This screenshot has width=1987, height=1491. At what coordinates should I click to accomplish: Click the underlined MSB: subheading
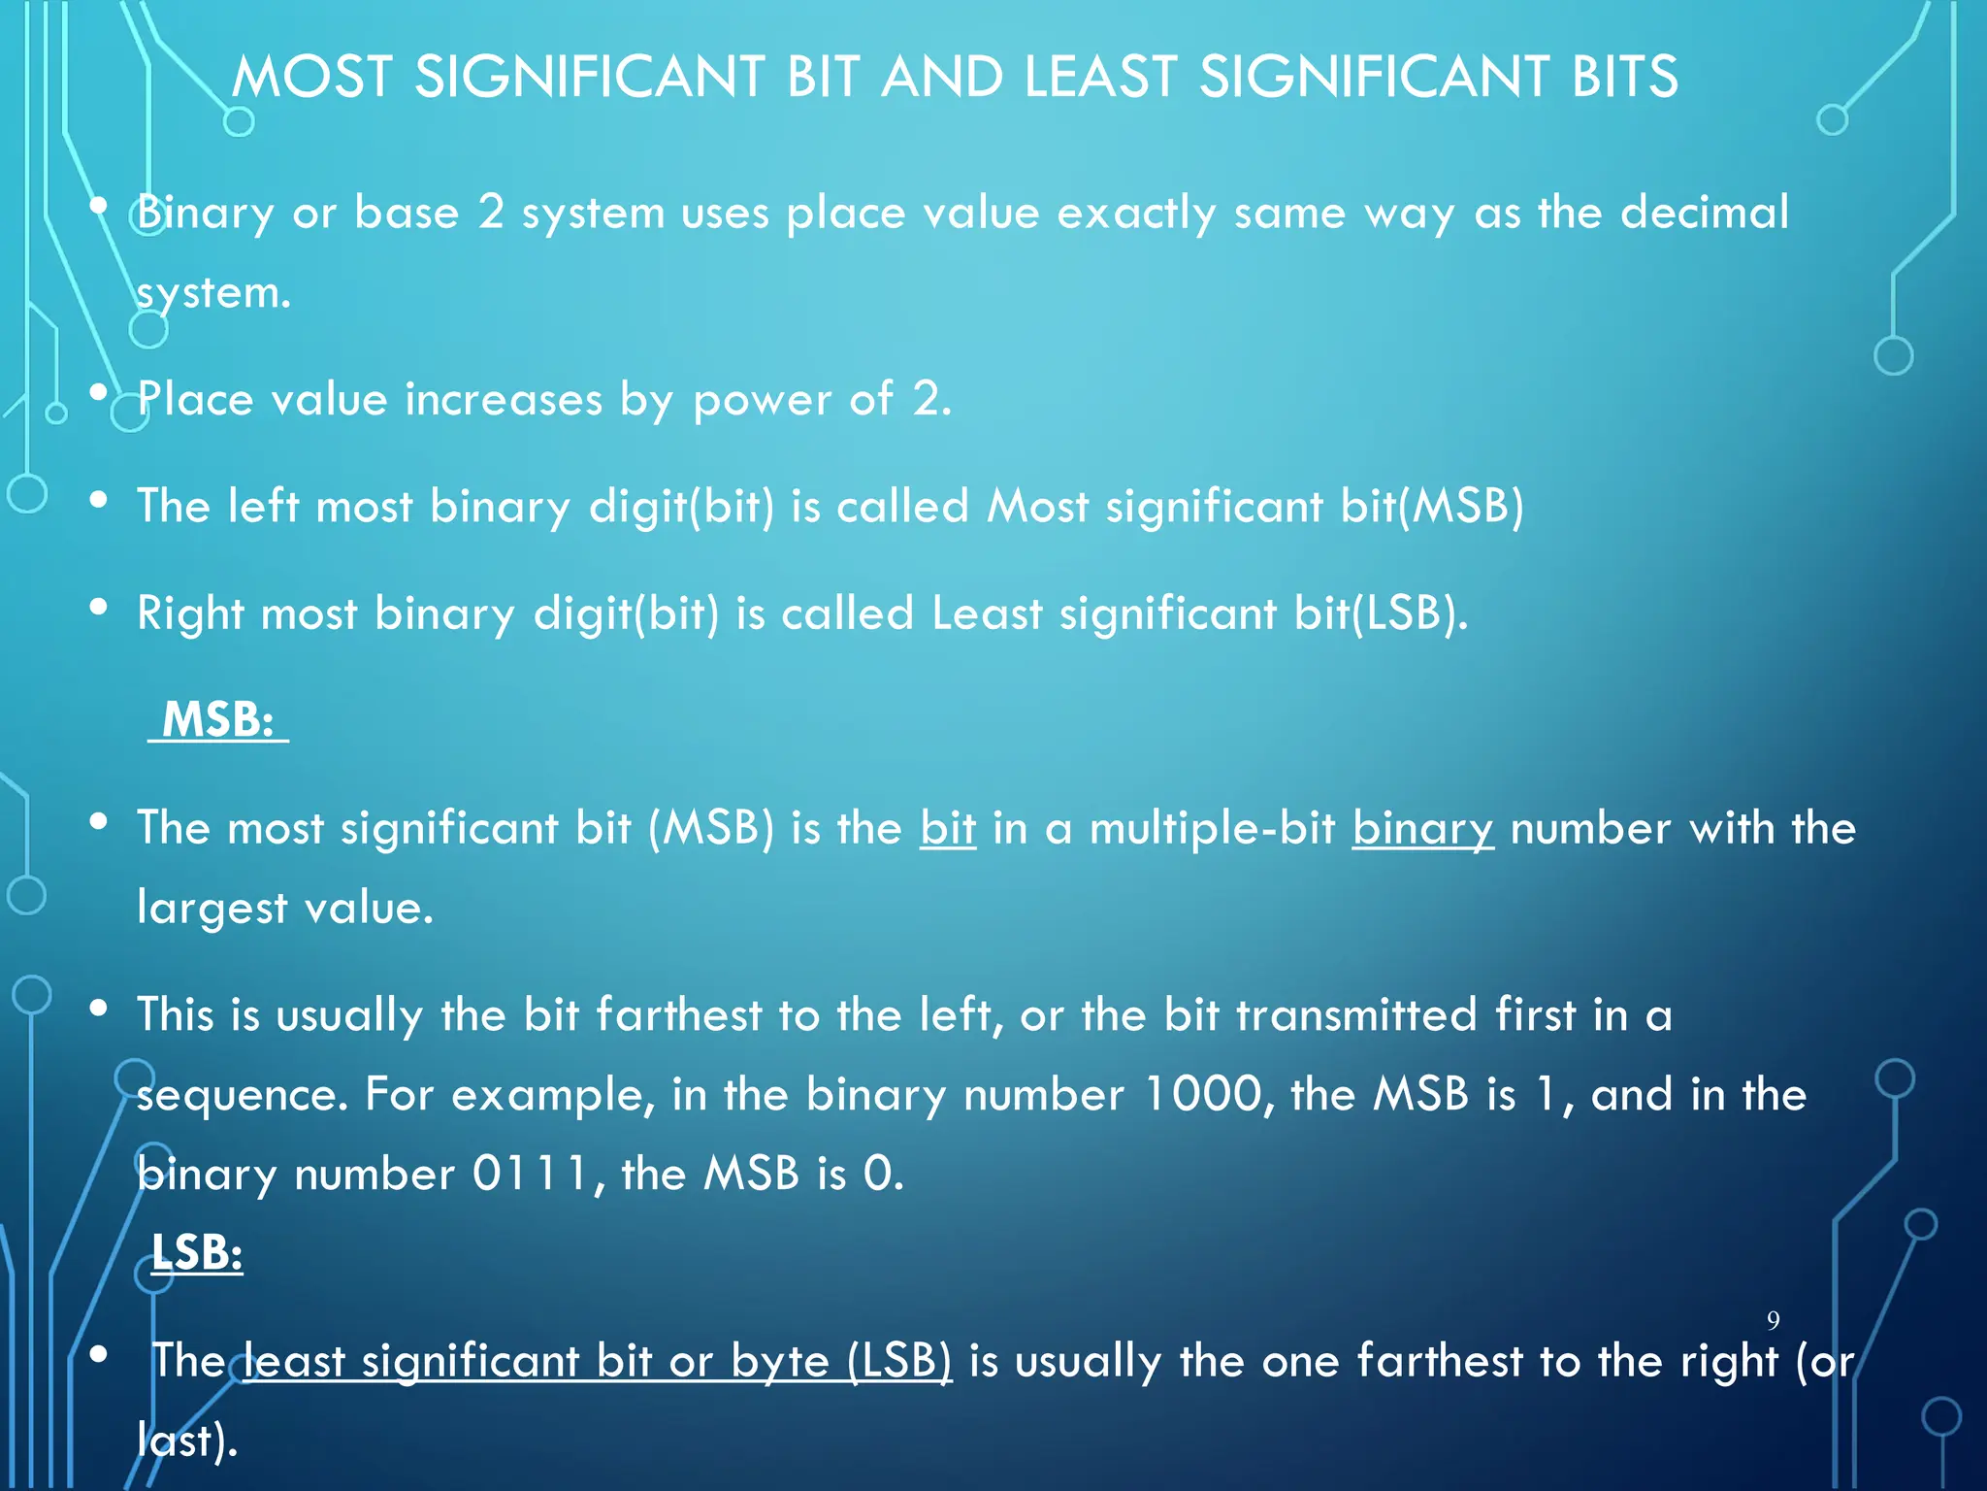tap(218, 719)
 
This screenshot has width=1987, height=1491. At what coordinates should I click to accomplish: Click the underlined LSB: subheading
tap(197, 1252)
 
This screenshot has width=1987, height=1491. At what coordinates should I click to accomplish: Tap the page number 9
tap(1773, 1320)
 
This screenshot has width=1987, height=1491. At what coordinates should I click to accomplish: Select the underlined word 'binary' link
tap(1422, 829)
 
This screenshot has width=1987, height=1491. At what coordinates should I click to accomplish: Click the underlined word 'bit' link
tap(947, 828)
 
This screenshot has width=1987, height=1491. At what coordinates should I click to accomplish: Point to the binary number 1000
tap(1202, 1094)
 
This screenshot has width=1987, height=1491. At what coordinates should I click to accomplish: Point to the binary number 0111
tap(531, 1174)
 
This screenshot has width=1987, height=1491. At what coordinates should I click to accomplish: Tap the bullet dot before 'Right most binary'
tap(98, 608)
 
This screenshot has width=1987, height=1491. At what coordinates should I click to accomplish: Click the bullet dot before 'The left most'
tap(98, 501)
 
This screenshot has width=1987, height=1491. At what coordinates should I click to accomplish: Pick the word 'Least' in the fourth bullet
tap(986, 613)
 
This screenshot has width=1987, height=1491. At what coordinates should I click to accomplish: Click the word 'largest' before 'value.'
tap(212, 909)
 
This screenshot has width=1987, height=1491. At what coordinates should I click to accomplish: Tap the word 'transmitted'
tap(1356, 1014)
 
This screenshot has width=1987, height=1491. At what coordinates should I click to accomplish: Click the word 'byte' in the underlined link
tap(779, 1361)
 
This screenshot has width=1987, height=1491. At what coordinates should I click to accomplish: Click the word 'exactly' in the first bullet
tap(1135, 214)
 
